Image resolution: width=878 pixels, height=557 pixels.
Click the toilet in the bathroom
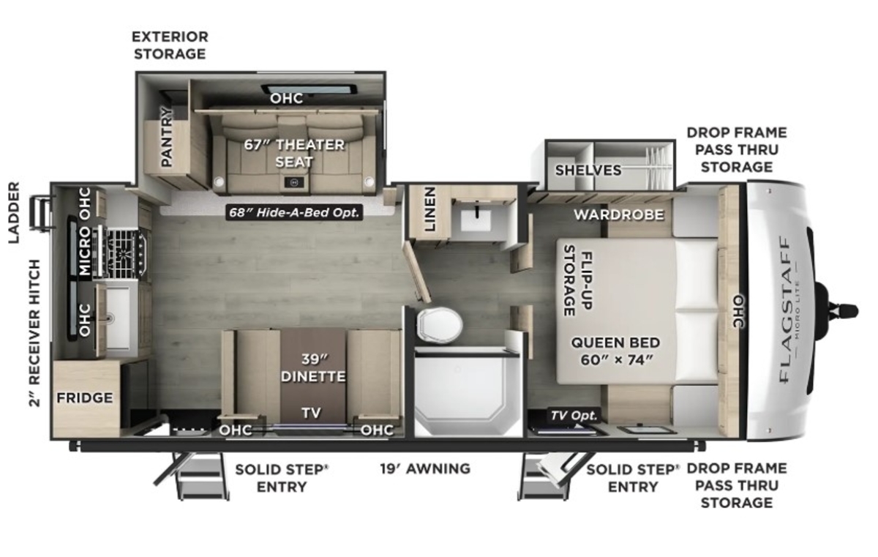click(440, 324)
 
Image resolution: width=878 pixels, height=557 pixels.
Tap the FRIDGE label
click(85, 398)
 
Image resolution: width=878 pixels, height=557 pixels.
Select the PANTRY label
click(167, 137)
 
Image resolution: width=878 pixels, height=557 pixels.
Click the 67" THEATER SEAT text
click(294, 153)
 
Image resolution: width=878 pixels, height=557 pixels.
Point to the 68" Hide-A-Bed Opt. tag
click(294, 212)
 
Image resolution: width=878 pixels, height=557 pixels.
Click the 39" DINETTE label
click(313, 367)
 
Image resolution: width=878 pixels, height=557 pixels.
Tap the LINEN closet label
click(430, 209)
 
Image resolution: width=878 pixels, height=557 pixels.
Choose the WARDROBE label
click(619, 214)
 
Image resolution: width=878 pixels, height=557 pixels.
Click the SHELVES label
click(588, 170)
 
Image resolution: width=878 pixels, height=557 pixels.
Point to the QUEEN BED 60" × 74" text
click(615, 351)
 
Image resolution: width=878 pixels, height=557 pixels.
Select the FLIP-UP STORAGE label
click(578, 280)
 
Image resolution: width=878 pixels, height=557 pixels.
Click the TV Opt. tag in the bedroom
click(574, 416)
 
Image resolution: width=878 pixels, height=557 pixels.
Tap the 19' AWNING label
click(425, 468)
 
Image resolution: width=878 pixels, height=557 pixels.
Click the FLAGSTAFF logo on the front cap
click(786, 310)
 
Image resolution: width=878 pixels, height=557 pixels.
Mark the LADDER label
click(14, 212)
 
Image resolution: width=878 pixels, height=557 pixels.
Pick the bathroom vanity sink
click(476, 221)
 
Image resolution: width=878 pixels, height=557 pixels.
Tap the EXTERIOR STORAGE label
click(170, 45)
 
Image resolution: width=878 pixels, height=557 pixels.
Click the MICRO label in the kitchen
click(85, 251)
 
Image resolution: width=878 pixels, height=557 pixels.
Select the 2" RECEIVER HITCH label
click(34, 333)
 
